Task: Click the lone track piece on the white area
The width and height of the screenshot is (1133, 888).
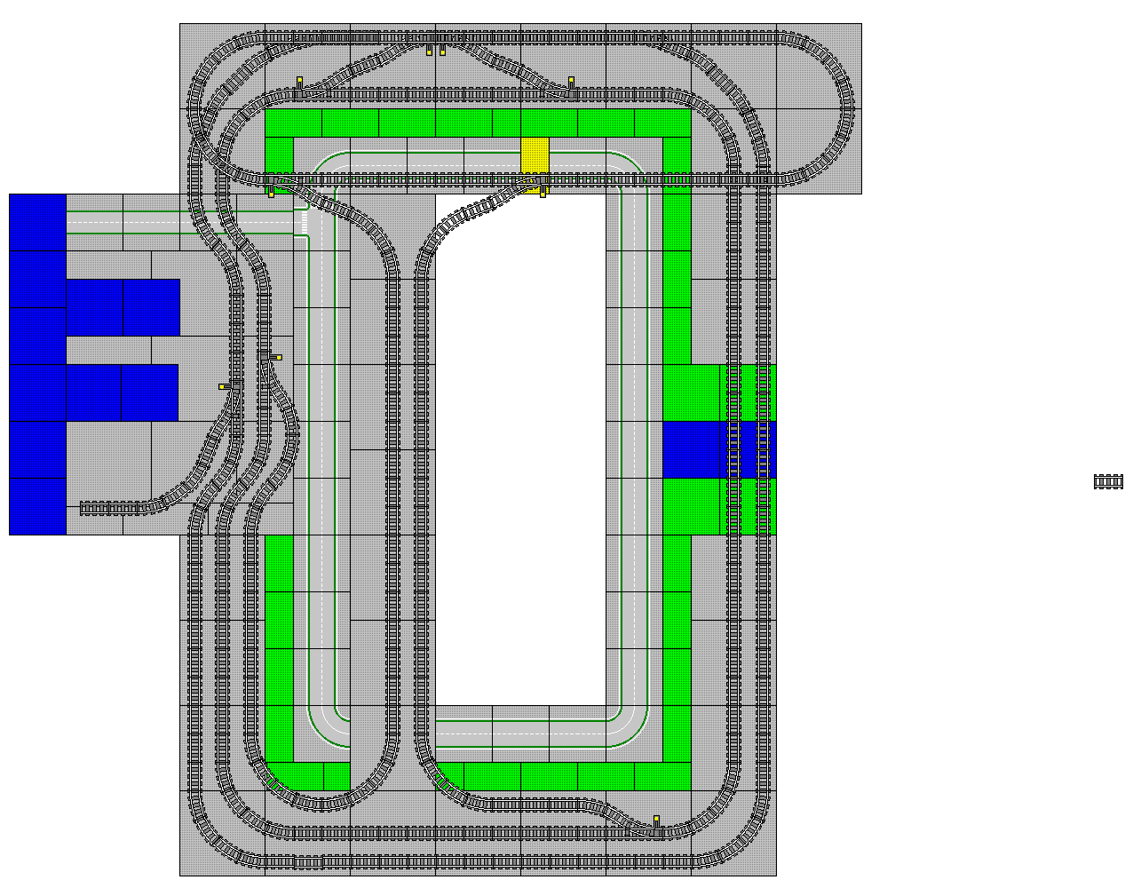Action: coord(1108,481)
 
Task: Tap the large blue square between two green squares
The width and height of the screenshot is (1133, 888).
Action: coord(691,449)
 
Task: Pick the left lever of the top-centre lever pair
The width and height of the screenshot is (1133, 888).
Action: coord(430,50)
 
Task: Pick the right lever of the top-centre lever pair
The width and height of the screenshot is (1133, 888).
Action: coord(442,50)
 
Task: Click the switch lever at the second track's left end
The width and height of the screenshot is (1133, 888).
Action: coord(300,83)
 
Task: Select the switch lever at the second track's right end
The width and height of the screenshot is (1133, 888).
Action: coord(571,83)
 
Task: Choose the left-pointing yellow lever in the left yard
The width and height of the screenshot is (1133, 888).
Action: coord(224,386)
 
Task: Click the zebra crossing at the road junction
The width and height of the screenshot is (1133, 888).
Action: coord(300,222)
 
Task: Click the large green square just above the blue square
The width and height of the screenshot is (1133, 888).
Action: coord(691,392)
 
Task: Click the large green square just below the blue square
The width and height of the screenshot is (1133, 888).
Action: coord(691,506)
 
